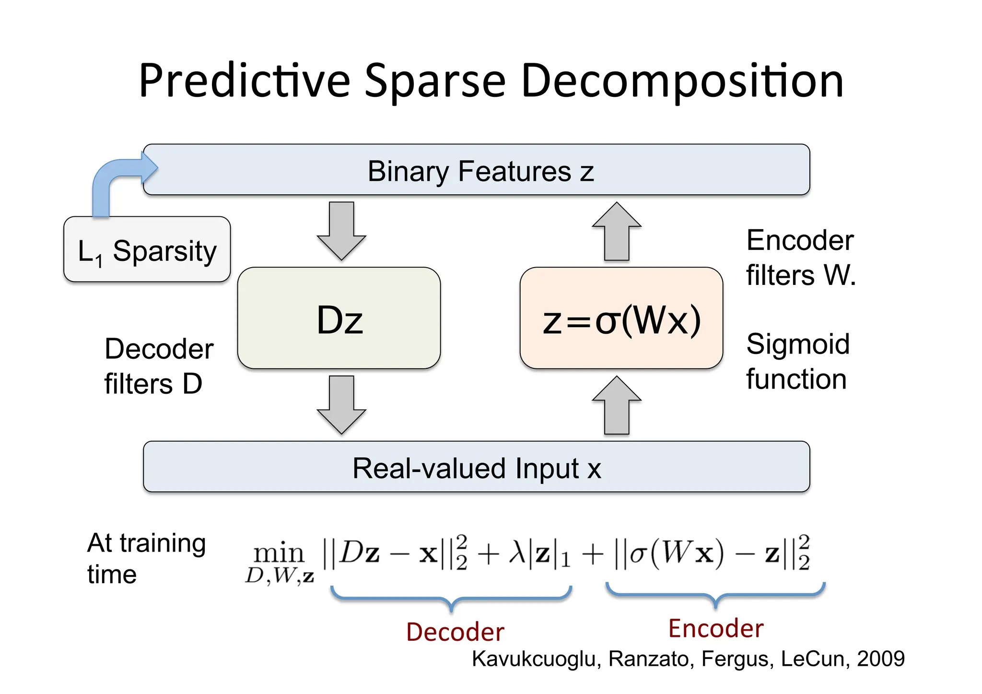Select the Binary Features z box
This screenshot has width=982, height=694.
479,170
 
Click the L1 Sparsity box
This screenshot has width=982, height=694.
147,250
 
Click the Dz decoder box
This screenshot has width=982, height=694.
339,318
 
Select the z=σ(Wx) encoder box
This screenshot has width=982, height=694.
621,318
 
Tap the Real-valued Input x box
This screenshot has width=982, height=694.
476,467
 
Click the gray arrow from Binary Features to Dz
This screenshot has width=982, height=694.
341,230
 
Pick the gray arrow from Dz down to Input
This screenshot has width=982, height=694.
341,404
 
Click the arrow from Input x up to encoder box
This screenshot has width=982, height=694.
617,405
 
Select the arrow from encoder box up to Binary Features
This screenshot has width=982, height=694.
617,231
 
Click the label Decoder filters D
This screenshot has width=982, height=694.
158,365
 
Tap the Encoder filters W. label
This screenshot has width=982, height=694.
800,258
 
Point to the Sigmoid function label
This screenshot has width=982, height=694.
797,361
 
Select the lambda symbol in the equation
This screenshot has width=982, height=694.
517,553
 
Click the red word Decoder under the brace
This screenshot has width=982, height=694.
455,632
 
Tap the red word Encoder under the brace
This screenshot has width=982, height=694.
715,628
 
